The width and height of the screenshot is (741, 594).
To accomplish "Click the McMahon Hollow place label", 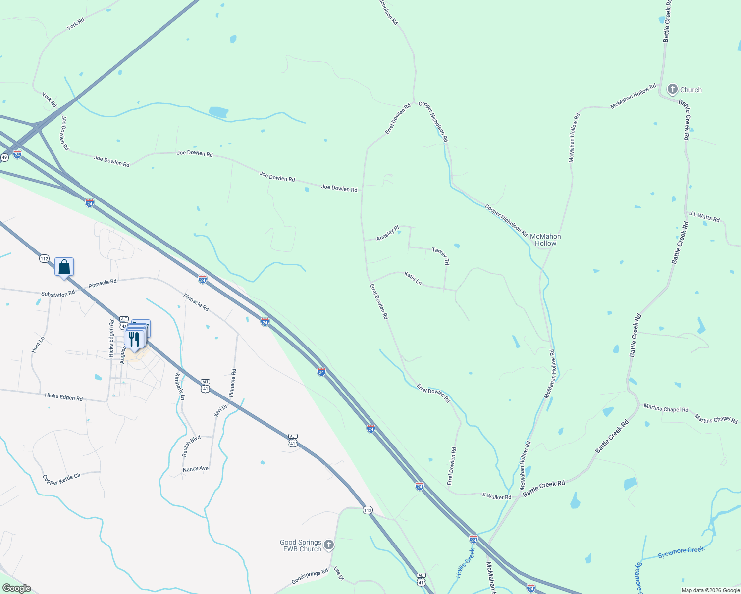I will pyautogui.click(x=545, y=240).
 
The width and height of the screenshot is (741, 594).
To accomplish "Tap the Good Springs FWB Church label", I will pyautogui.click(x=301, y=545).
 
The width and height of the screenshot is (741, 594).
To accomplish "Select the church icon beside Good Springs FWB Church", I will pyautogui.click(x=329, y=545).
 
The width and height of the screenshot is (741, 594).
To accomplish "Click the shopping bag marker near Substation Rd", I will pyautogui.click(x=64, y=267).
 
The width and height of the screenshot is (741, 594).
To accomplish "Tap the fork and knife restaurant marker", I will pyautogui.click(x=134, y=339).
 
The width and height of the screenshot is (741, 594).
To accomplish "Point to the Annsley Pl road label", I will pyautogui.click(x=387, y=233).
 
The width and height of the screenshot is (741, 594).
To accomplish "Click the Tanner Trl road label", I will pyautogui.click(x=440, y=256).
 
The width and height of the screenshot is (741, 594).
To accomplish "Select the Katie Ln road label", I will pyautogui.click(x=413, y=278).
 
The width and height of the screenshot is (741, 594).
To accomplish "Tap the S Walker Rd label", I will pyautogui.click(x=496, y=496).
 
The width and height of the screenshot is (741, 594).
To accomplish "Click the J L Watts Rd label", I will pyautogui.click(x=704, y=216).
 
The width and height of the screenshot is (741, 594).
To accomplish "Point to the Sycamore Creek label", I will pyautogui.click(x=681, y=552).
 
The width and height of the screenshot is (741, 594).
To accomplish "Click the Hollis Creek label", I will pyautogui.click(x=465, y=563).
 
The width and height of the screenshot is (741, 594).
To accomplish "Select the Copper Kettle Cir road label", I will pyautogui.click(x=61, y=479).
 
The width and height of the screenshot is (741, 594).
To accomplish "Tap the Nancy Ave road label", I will pyautogui.click(x=196, y=469).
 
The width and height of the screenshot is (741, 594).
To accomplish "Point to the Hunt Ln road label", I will pyautogui.click(x=38, y=344).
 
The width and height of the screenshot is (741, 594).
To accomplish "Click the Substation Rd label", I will pyautogui.click(x=58, y=294).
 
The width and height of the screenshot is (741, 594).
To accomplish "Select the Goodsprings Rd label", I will pyautogui.click(x=310, y=576).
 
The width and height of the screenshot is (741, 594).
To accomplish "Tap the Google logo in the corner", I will pyautogui.click(x=16, y=588).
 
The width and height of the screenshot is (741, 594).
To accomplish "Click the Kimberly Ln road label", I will pyautogui.click(x=179, y=386).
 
